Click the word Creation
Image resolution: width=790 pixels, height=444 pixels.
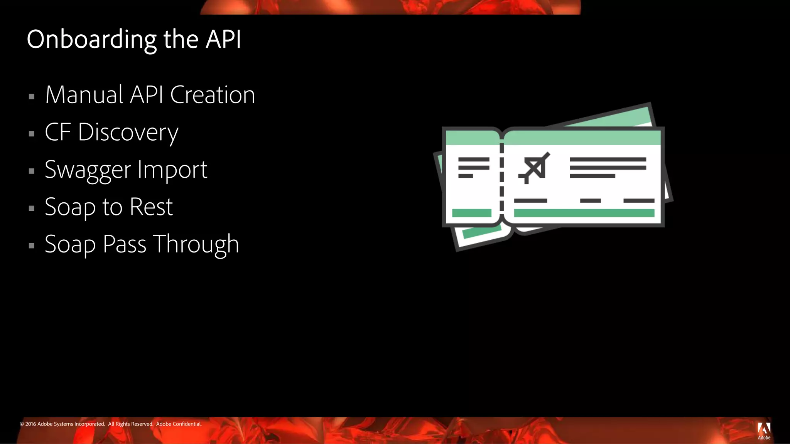tap(213, 95)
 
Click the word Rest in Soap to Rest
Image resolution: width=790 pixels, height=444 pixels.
tap(151, 207)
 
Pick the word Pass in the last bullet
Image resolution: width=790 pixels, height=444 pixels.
tap(125, 244)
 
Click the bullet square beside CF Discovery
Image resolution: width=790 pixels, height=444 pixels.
tap(32, 134)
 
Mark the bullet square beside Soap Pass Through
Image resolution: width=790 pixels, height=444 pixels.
tap(32, 246)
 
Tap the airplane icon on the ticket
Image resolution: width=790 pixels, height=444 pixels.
tap(534, 168)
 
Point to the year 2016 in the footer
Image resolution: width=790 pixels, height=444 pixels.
tap(30, 424)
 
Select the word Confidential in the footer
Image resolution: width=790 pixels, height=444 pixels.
tap(187, 424)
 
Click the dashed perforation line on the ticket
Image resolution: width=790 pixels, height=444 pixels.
tap(502, 181)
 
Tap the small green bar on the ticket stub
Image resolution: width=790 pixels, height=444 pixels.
tap(471, 213)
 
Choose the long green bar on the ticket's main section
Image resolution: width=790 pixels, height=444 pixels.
tap(584, 213)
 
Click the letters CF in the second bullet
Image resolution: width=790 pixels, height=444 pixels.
tap(58, 132)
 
